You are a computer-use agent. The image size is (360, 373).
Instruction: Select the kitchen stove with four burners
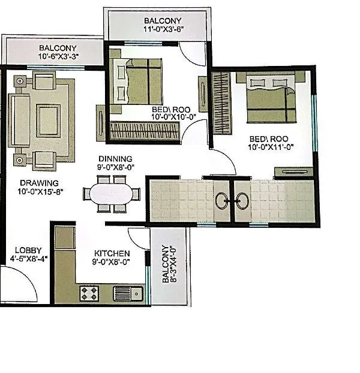coord(90,293)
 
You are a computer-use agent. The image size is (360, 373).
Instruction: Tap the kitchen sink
coord(127,293)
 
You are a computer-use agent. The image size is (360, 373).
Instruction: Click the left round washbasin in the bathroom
coord(223,201)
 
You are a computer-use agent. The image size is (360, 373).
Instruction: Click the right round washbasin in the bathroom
coord(242,201)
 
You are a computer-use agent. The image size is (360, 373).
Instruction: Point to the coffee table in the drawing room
coord(48,121)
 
